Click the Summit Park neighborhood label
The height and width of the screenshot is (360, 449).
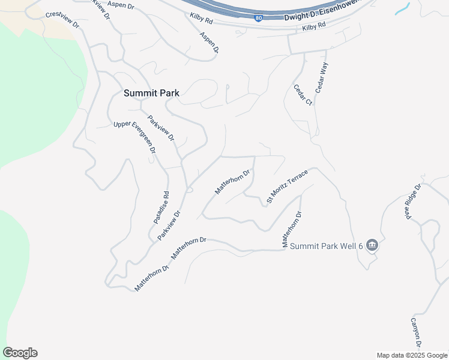coord(151,93)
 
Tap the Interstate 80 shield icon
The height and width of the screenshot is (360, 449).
coord(258,19)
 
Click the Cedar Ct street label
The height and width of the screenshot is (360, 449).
coord(303,94)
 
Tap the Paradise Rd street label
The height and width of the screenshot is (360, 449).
coord(161,208)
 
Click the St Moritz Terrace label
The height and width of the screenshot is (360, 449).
coord(288,185)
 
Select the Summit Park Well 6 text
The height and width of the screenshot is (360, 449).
coord(327,246)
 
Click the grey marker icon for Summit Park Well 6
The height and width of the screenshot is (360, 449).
coord(372,244)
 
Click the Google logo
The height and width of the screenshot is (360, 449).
coord(20,353)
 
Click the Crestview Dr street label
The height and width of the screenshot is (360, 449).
coord(62,19)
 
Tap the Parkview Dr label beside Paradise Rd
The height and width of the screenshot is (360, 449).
coord(169,226)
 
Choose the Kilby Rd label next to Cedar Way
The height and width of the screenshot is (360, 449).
coord(313,27)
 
